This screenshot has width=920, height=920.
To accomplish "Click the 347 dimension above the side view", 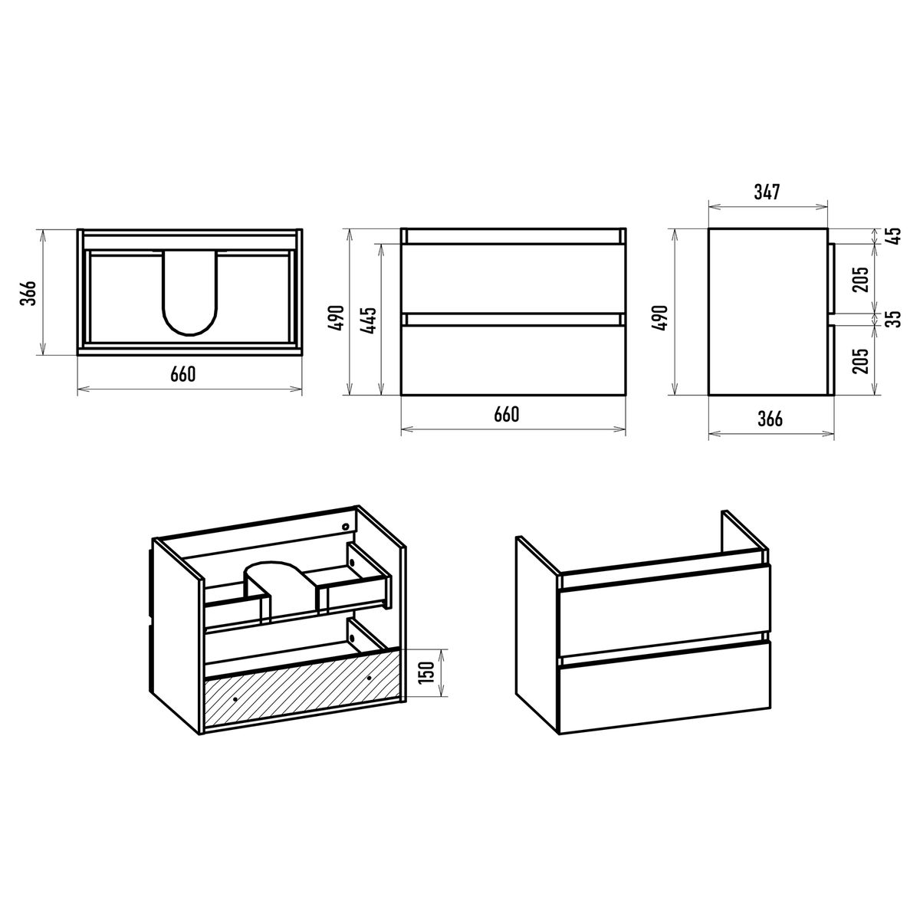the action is pos(767,192).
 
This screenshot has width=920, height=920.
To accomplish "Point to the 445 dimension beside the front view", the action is pos(369,320).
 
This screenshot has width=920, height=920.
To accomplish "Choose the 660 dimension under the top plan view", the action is pos(183,374).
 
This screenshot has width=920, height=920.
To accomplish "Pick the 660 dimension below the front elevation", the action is pos(506,415).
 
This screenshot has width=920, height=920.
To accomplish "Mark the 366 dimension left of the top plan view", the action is pos(28,293).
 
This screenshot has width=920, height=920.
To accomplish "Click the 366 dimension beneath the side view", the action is pos(770,419).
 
